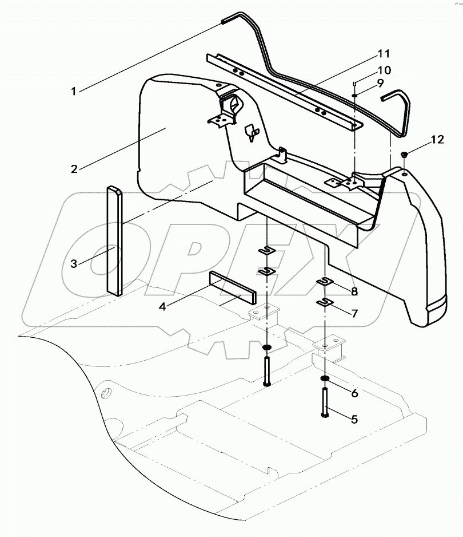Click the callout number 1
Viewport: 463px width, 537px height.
tap(74, 90)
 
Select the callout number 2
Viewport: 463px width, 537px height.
tap(74, 169)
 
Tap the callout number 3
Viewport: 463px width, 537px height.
tap(74, 264)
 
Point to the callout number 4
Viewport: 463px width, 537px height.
tap(162, 307)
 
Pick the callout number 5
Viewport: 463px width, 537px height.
tap(354, 420)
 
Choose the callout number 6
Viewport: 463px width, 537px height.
tap(354, 393)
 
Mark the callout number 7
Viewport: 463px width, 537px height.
tap(354, 314)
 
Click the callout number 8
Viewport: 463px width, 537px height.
tap(354, 292)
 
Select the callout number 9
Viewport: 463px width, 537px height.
tap(379, 84)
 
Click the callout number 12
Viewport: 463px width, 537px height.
tap(436, 140)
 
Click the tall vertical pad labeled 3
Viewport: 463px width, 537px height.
tap(114, 240)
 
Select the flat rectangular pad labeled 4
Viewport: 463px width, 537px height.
tap(233, 289)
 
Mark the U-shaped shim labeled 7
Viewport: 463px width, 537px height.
tap(325, 302)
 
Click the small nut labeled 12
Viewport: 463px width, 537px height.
tap(404, 155)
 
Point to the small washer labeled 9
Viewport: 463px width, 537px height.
tap(355, 96)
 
